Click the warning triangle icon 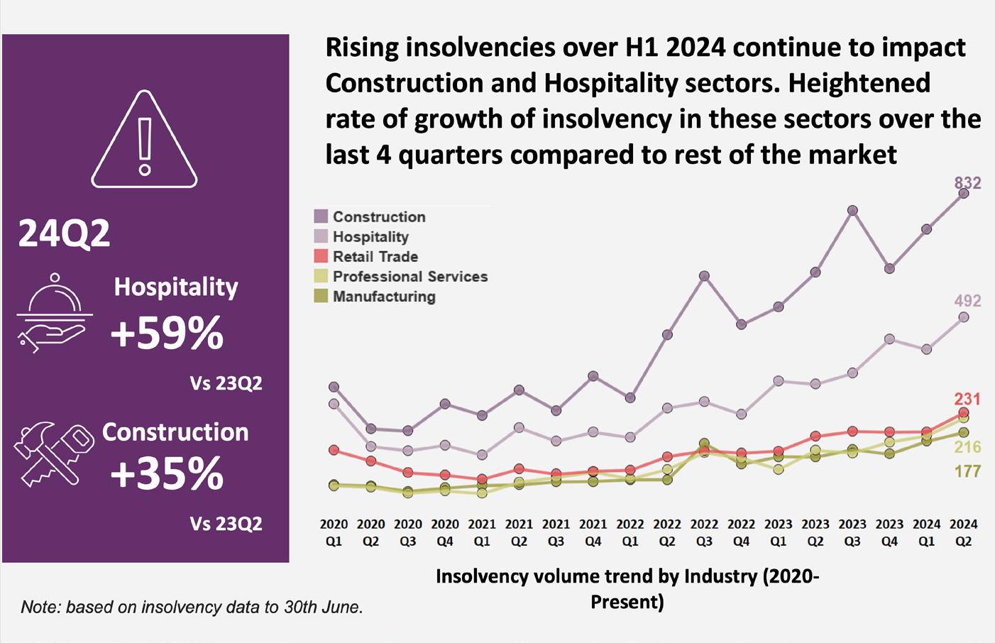[x=144, y=141]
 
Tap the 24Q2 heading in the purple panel [x=64, y=233]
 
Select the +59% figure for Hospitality [x=167, y=333]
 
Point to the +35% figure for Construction [x=167, y=473]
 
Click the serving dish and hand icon [x=54, y=313]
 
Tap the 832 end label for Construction [x=967, y=183]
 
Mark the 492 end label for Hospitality [x=967, y=301]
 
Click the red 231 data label [x=967, y=399]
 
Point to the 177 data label [x=967, y=471]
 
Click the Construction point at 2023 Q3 [x=852, y=211]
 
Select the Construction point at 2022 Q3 [x=704, y=276]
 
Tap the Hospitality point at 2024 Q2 [x=963, y=317]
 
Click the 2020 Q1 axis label [x=334, y=532]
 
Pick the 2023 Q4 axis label [x=889, y=532]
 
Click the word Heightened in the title [x=859, y=83]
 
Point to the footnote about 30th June [x=192, y=607]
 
